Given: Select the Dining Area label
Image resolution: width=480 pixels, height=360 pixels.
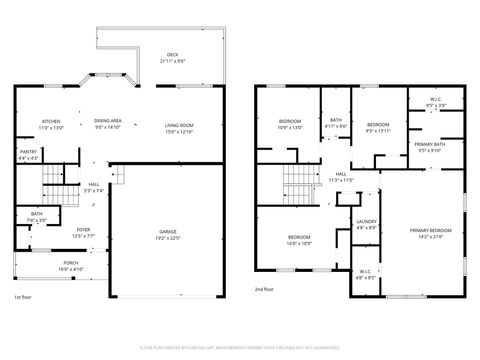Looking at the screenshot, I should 107,123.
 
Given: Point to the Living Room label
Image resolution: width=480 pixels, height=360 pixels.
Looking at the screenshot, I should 178,125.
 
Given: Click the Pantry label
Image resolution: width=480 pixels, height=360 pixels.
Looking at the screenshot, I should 28,155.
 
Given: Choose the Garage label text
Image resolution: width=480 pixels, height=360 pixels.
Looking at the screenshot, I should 168,234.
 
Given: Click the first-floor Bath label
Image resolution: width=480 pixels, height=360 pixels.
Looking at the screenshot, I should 36,215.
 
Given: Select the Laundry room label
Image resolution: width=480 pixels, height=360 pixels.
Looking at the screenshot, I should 366,224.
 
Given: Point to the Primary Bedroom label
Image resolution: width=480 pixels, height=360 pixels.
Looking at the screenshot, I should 432,233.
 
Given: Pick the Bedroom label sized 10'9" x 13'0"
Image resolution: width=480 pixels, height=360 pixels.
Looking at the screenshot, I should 288,123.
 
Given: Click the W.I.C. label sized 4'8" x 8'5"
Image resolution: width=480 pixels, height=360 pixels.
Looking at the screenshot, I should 366,273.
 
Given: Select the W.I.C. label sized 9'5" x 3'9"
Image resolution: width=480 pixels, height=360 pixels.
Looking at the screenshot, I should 436,100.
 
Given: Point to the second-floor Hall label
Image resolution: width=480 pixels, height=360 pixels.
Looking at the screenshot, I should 341,176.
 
